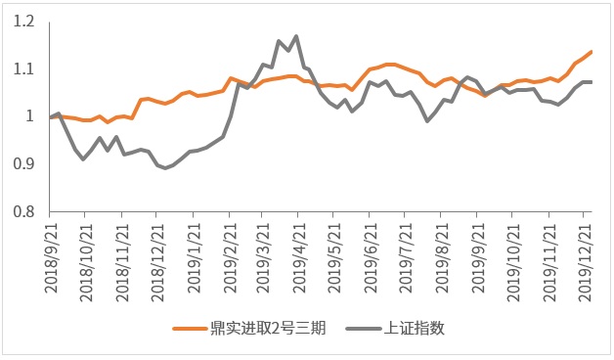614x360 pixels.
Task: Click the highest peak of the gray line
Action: pos(296,36)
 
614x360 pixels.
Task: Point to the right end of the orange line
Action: pos(592,52)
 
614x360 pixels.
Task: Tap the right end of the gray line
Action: pos(592,81)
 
